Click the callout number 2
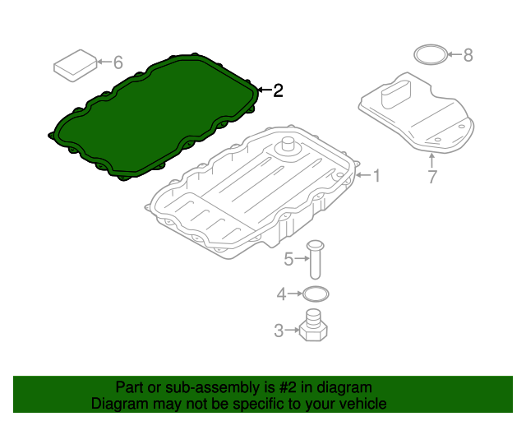coord(278,90)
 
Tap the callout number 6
coord(118,62)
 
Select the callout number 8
coord(468,55)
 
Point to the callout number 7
coord(432,177)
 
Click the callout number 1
coord(377,176)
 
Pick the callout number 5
coord(288,259)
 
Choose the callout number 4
coord(281,294)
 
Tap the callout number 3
coord(279,331)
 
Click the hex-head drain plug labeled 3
coord(312,326)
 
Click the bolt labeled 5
coord(315,260)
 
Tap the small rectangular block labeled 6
coord(76,66)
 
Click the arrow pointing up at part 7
coord(432,160)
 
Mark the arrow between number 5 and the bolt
coord(302,258)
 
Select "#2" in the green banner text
coord(288,387)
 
